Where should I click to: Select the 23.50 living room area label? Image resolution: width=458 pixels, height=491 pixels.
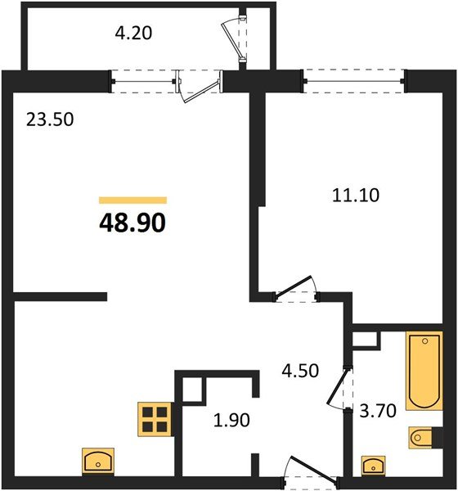point(49,119)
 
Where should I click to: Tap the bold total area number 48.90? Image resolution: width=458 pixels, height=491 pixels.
point(132,221)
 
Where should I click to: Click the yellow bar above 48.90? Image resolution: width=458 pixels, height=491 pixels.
point(132,200)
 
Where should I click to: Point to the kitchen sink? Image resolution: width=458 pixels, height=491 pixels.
point(98,462)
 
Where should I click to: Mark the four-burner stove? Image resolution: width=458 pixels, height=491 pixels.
point(154,418)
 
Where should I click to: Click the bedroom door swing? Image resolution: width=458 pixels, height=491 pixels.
point(295,287)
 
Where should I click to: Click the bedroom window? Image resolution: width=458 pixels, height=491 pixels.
point(354,80)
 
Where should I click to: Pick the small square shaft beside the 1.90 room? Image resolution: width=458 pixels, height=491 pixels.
point(192,390)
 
